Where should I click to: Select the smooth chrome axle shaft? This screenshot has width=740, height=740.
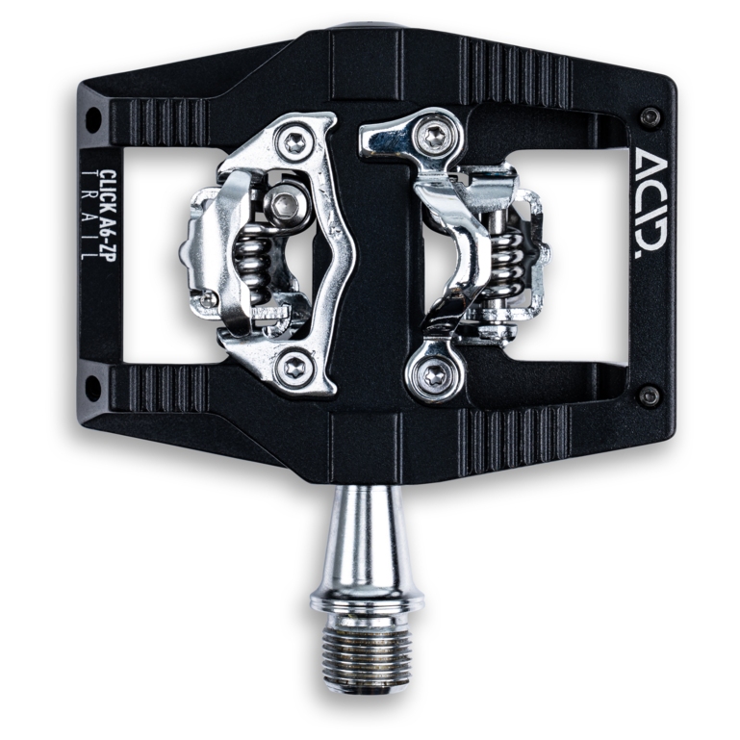tap(369, 539)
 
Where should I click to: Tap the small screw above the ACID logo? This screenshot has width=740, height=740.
tap(651, 116)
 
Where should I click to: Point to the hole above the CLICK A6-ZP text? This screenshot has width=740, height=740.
tap(93, 120)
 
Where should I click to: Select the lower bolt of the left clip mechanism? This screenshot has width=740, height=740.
tap(294, 367)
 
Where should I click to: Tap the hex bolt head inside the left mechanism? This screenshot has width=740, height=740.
tap(285, 203)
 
